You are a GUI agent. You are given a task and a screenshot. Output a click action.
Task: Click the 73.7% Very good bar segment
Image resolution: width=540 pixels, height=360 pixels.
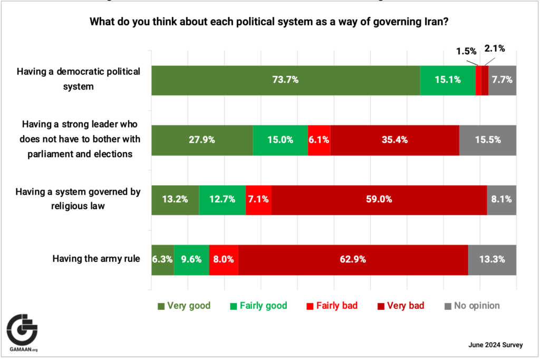click(285, 80)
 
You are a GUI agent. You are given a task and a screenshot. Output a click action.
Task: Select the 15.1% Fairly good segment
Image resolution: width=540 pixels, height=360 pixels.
click(447, 80)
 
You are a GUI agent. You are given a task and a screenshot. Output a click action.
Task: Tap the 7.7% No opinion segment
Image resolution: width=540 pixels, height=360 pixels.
click(502, 80)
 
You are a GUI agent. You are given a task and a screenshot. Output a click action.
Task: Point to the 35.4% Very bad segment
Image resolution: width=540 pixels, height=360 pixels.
click(394, 140)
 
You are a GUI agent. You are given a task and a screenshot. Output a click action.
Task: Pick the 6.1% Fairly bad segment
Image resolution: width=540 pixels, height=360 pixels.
click(319, 140)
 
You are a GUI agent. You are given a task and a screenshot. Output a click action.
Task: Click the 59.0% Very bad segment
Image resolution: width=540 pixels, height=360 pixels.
click(379, 200)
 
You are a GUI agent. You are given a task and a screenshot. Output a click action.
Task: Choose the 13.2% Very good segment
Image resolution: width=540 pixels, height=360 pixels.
click(175, 200)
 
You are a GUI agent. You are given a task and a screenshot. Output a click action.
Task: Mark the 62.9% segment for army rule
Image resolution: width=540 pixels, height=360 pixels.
click(353, 259)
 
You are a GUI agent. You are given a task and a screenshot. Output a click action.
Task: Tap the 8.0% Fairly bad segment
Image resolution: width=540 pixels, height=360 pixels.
click(224, 259)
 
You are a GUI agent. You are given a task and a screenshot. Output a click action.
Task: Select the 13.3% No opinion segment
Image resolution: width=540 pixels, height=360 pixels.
click(492, 259)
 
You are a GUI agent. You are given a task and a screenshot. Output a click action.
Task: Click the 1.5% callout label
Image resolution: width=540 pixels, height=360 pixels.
click(467, 51)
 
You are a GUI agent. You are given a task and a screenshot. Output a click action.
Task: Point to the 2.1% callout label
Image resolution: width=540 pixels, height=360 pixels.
click(494, 48)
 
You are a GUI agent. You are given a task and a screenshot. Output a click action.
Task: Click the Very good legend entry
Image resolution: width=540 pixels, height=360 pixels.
click(185, 306)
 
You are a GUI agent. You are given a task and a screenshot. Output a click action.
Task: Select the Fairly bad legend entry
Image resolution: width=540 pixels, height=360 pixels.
click(332, 306)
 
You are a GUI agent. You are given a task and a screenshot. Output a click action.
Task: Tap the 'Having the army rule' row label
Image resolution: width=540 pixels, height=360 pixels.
click(96, 259)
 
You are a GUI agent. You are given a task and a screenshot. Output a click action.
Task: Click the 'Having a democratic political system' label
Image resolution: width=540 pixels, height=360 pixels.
click(78, 79)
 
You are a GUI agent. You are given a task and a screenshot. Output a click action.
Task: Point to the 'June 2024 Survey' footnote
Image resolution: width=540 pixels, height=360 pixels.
click(495, 345)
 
